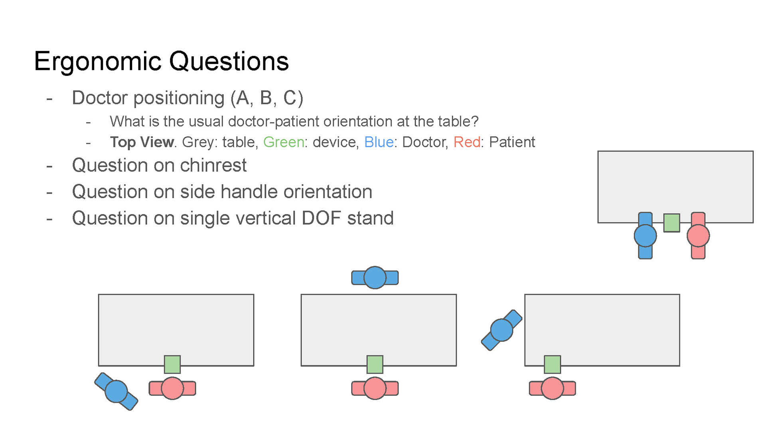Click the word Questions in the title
click(229, 62)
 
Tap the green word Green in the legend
click(284, 142)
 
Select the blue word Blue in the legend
click(379, 142)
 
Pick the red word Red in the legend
click(466, 142)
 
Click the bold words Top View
click(142, 142)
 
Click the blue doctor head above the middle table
click(375, 277)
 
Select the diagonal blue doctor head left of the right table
click(501, 330)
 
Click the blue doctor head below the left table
click(116, 391)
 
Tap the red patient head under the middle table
click(375, 388)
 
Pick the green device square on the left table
click(172, 364)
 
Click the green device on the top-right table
click(672, 223)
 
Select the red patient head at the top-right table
click(698, 235)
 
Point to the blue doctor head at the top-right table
click(645, 235)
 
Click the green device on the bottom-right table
click(553, 364)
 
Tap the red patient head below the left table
click(172, 388)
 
